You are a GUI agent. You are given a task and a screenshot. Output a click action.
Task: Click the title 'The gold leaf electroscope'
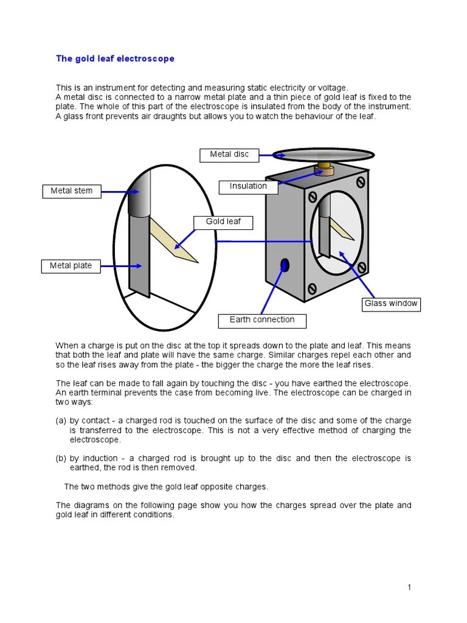click(115, 59)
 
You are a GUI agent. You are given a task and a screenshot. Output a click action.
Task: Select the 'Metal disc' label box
click(229, 155)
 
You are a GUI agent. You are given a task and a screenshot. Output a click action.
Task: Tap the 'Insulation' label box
click(248, 186)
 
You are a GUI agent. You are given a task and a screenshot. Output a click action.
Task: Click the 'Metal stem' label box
click(71, 191)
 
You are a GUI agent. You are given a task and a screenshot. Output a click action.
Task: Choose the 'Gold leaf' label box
click(223, 222)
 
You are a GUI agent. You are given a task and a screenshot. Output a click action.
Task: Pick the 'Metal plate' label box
click(71, 266)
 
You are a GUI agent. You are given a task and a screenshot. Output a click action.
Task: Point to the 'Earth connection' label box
click(261, 320)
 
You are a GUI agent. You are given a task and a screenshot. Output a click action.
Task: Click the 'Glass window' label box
click(391, 304)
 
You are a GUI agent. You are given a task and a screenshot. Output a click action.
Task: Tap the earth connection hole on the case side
click(284, 265)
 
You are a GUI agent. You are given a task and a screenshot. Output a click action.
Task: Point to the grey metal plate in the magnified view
click(139, 256)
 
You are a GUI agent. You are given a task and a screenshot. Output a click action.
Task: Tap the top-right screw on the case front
click(361, 182)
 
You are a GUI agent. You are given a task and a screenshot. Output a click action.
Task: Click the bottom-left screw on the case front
click(312, 288)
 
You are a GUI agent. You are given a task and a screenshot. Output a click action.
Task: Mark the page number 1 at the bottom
click(409, 587)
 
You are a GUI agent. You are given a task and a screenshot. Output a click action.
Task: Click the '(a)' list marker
click(61, 420)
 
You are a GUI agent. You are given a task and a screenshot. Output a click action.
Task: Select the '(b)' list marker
click(61, 458)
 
